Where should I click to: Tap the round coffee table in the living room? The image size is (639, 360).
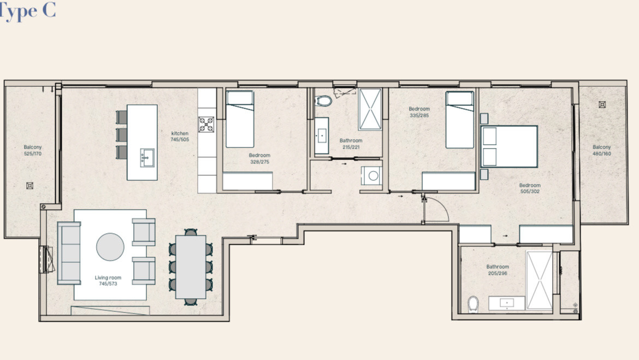[110, 247]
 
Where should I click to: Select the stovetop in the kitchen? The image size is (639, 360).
[206, 125]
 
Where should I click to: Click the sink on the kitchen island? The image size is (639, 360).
[147, 157]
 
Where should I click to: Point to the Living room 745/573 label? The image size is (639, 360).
[108, 280]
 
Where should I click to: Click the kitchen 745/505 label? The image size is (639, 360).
[180, 136]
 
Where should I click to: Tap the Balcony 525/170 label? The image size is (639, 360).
[33, 150]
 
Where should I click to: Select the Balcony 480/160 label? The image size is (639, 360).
[602, 150]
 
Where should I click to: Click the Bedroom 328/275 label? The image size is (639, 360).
[259, 158]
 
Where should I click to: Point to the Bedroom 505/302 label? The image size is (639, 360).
[530, 188]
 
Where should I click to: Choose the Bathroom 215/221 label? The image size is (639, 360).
[351, 144]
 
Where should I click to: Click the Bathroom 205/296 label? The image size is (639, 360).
[498, 270]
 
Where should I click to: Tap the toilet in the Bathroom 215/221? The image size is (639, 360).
[323, 101]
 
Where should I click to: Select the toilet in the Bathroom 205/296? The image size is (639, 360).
[473, 304]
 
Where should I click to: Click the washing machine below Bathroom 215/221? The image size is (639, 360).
[372, 176]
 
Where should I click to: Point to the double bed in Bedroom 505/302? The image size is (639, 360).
[510, 147]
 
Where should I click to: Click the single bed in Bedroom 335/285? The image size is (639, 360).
[460, 120]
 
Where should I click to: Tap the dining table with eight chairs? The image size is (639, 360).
[191, 267]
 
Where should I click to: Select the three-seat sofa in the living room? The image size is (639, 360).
[69, 253]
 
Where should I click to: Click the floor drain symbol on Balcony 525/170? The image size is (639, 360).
[29, 186]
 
